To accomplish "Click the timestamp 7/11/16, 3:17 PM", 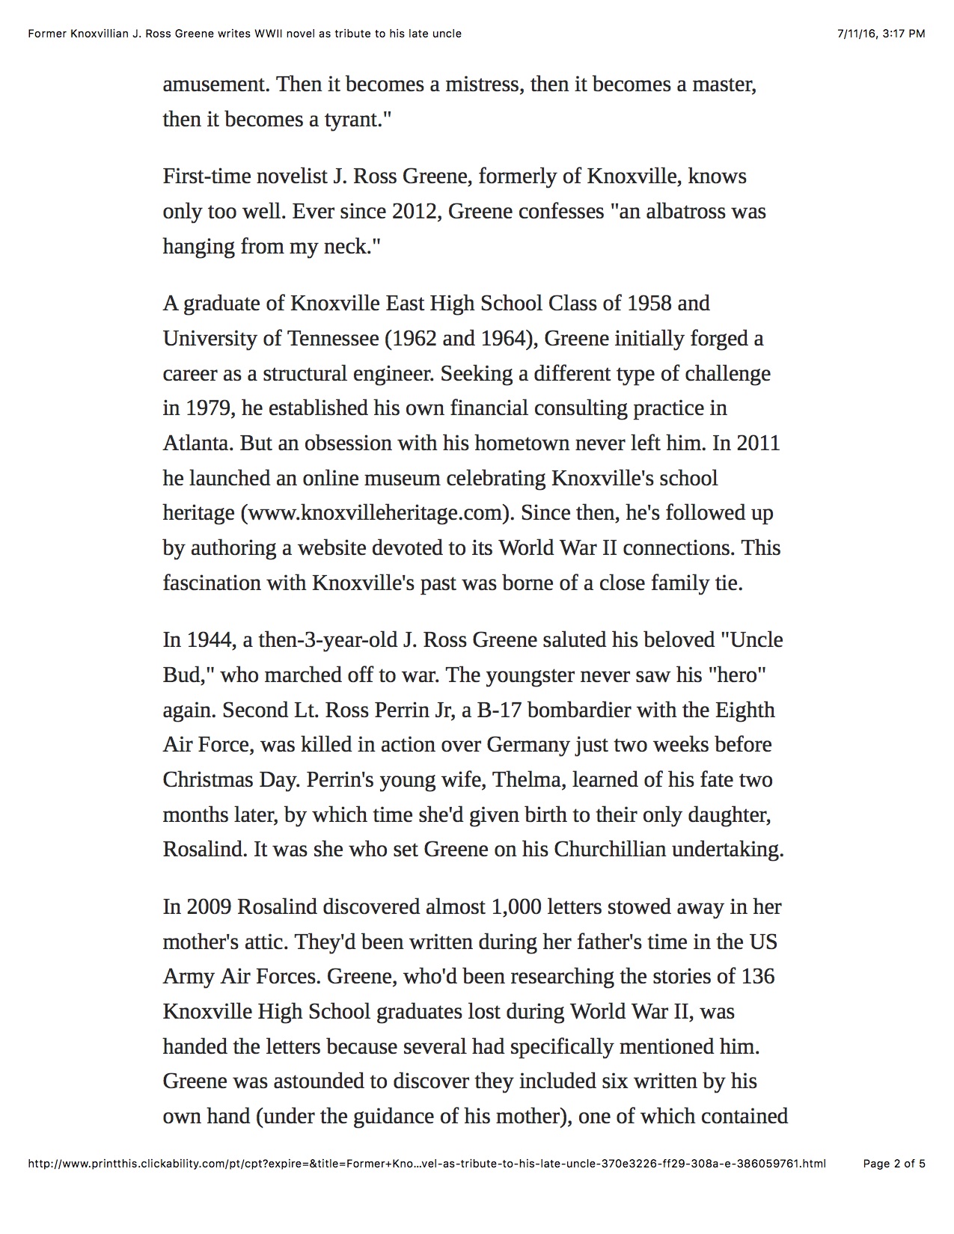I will tap(881, 34).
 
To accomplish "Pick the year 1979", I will tap(209, 408).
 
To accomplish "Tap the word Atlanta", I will tap(198, 443).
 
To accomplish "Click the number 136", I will tap(757, 977).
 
